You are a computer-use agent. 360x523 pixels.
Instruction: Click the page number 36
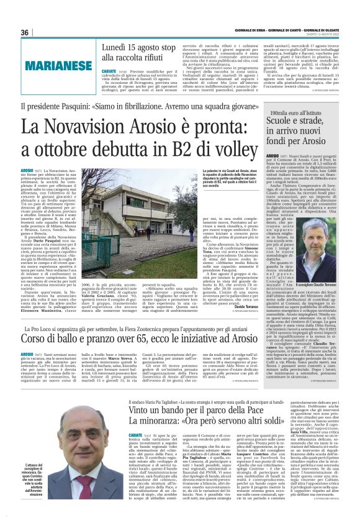pyautogui.click(x=25, y=32)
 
